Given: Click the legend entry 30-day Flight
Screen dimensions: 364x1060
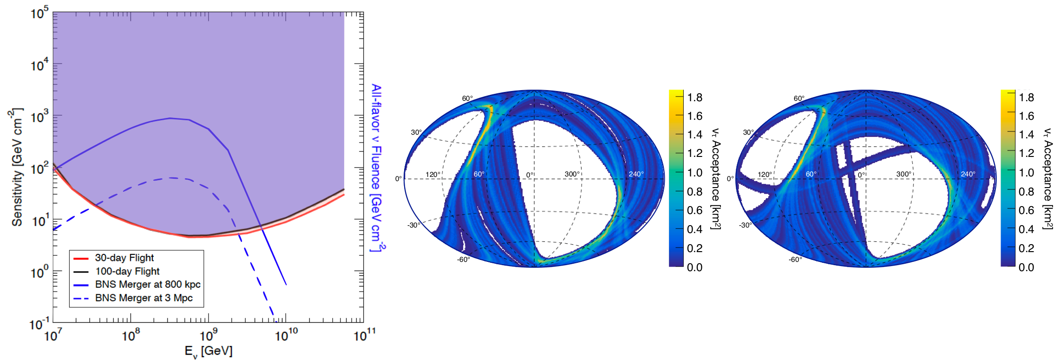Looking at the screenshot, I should tap(124, 258).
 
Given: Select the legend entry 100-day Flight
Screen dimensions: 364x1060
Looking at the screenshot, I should tap(127, 271).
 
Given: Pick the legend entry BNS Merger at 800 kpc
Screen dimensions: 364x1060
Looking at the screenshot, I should tap(147, 284).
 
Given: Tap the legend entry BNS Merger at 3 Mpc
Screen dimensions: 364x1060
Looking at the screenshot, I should tap(144, 298).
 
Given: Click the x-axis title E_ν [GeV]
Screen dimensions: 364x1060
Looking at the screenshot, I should tap(209, 351).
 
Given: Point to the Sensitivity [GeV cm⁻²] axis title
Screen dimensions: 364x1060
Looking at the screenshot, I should tap(17, 167).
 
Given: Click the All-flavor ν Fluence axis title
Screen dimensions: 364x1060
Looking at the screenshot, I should tap(376, 167).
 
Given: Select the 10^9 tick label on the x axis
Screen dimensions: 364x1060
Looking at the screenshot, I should tap(208, 335).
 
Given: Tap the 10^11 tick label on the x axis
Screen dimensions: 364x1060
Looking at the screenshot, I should tap(364, 335).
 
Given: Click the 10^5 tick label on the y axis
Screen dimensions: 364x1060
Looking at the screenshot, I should tap(40, 13).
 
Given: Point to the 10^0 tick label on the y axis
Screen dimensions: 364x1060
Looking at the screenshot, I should tap(40, 272).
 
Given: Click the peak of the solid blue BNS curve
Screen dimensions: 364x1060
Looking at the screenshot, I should tap(170, 118).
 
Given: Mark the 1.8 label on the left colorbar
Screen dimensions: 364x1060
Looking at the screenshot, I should tap(694, 97).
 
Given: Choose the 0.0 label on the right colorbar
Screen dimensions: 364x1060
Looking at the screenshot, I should tap(1026, 267).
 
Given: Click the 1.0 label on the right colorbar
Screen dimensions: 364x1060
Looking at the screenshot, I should tap(1026, 173).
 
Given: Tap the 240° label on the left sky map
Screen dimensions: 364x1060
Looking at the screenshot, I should tap(636, 174).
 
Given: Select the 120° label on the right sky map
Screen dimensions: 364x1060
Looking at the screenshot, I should tap(765, 175).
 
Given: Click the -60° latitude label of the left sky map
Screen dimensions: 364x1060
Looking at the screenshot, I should tap(464, 260).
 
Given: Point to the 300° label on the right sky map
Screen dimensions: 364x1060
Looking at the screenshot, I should tap(903, 174).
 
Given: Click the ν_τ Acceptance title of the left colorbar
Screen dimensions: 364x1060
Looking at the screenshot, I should tap(716, 179).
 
